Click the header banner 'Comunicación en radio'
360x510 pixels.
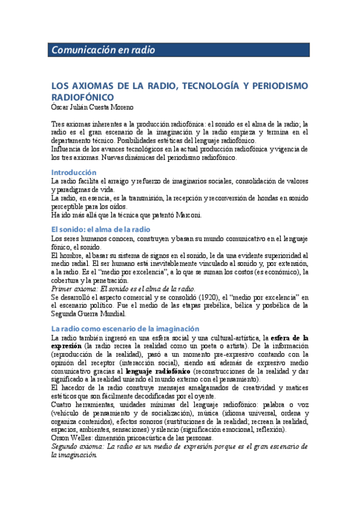[x=103, y=51]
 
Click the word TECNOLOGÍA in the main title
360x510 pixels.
[x=208, y=86]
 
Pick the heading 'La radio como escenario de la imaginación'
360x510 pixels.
[x=125, y=328]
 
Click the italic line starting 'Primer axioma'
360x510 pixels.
[x=123, y=289]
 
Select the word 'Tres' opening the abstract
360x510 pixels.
[x=58, y=123]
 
